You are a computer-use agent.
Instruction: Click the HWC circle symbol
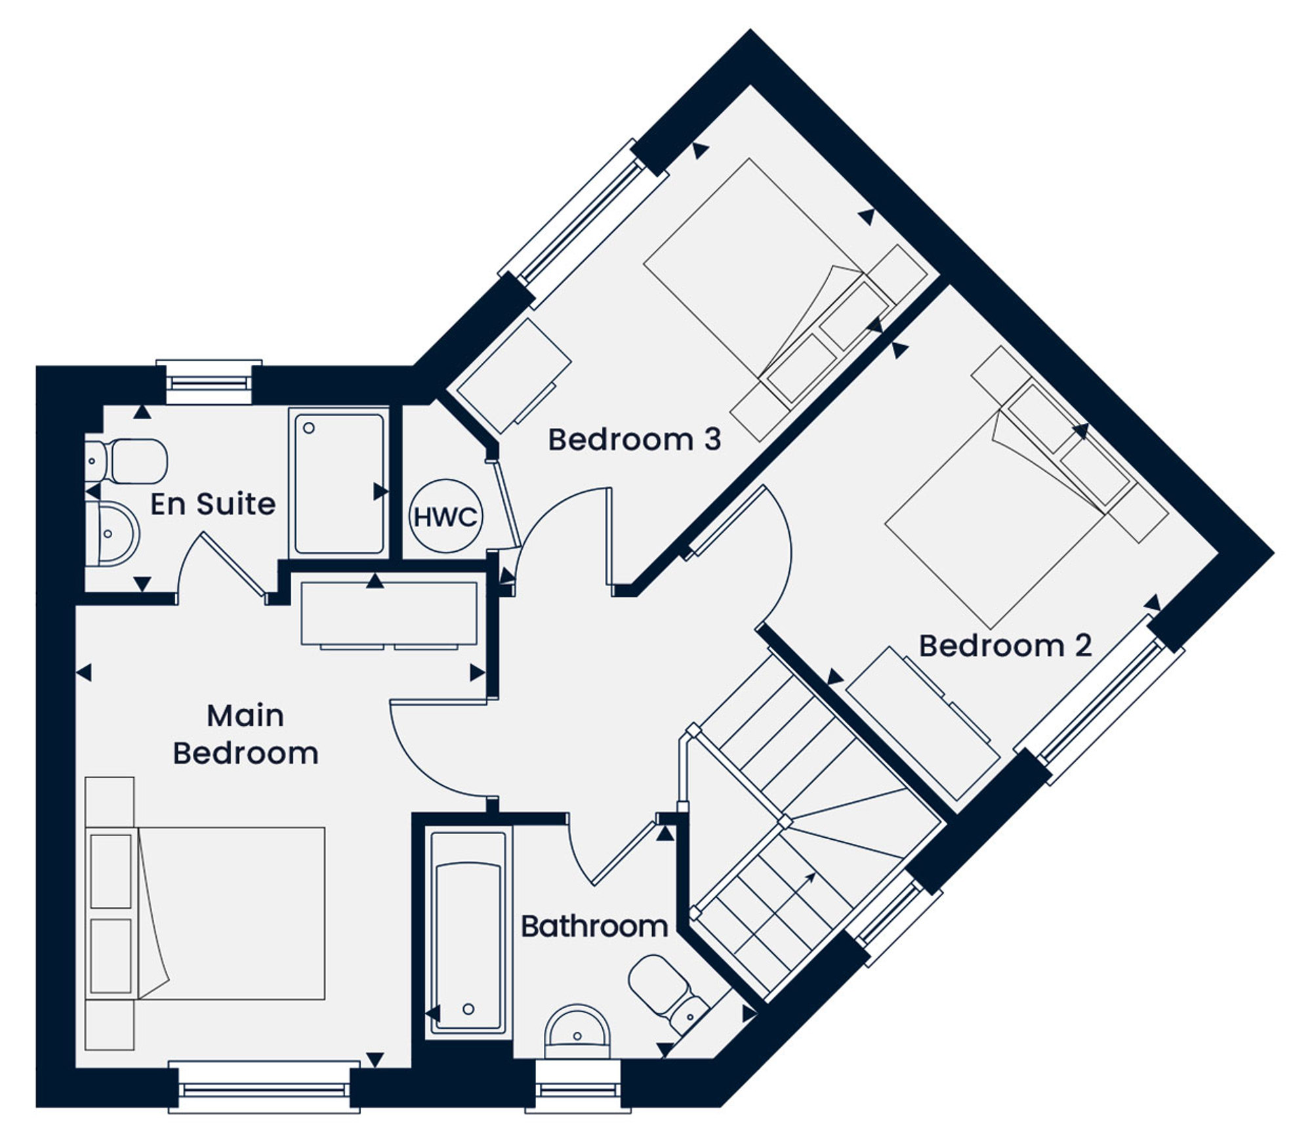click(446, 516)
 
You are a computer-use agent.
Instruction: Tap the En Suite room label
click(213, 504)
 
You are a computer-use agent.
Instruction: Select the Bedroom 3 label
click(634, 440)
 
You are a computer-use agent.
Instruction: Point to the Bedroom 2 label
click(1005, 646)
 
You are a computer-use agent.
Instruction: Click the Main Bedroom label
click(245, 734)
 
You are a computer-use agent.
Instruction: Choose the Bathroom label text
click(594, 926)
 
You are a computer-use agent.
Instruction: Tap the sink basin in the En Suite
click(112, 534)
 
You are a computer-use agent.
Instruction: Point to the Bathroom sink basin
click(578, 1032)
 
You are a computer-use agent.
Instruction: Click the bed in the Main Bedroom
click(205, 913)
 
